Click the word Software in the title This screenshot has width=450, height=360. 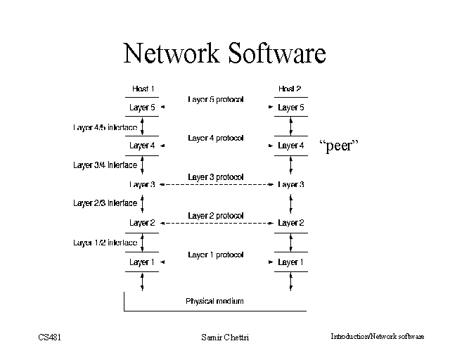(276, 53)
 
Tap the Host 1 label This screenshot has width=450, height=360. (143, 89)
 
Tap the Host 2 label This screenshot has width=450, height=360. (289, 89)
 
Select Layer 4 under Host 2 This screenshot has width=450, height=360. (291, 146)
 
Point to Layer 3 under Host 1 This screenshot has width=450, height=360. (142, 185)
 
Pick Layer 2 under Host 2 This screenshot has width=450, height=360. (291, 223)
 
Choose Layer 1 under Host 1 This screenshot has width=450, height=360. (142, 262)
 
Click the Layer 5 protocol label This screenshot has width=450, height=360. (215, 100)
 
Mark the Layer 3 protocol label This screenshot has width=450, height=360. (215, 177)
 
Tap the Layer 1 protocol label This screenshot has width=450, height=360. (215, 255)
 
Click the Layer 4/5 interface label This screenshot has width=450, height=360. (105, 128)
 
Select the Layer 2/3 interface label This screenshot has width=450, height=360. (105, 203)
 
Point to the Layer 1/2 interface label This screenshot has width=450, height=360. (105, 243)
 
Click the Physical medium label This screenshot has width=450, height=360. (214, 301)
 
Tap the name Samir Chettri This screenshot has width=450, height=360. (225, 337)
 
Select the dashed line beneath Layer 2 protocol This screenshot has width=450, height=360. (216, 223)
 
